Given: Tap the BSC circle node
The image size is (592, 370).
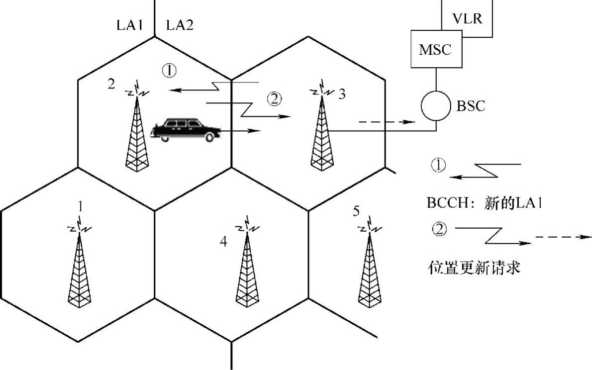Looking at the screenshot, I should tap(436, 106).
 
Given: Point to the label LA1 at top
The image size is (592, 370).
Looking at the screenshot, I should tap(130, 25).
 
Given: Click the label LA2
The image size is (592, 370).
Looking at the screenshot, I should tap(180, 25).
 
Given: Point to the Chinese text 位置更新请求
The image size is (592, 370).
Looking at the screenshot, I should tap(474, 268).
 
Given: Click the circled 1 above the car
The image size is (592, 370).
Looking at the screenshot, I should tap(169, 71).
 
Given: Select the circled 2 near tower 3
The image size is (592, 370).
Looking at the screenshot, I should tap(274, 99).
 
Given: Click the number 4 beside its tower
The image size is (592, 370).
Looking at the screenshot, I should tap(223, 242).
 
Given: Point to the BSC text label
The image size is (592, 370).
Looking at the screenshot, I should tap(471, 106).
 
